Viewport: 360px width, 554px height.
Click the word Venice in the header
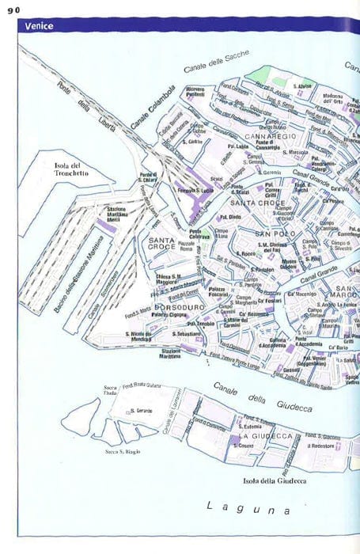point(40,25)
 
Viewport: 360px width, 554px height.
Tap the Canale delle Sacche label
point(216,63)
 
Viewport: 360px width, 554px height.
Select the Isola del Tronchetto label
point(71,169)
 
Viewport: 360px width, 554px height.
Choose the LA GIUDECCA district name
point(267,436)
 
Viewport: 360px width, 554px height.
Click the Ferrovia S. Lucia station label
point(196,191)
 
